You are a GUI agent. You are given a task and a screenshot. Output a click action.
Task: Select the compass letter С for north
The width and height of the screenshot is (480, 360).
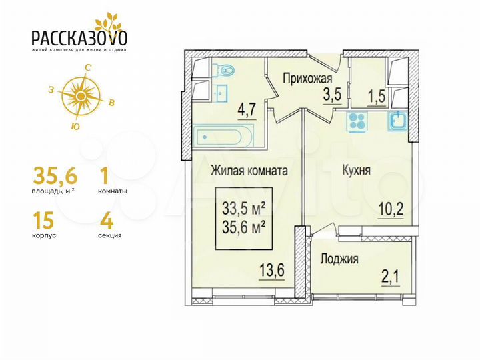click(x=87, y=67)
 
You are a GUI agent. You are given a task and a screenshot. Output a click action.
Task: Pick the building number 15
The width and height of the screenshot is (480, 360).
click(x=44, y=219)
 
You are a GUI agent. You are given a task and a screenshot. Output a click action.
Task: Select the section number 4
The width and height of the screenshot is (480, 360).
click(x=104, y=219)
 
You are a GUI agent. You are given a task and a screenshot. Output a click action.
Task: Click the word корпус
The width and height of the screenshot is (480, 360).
click(x=44, y=235)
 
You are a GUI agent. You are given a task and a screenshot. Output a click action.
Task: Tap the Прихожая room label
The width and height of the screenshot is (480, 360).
click(x=308, y=77)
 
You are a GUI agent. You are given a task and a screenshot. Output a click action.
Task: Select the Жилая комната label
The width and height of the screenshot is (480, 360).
click(x=249, y=171)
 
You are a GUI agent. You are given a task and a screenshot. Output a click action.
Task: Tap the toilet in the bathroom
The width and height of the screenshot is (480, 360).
click(x=224, y=69)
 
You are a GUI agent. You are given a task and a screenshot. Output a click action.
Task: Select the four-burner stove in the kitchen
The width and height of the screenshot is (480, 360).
click(x=357, y=121)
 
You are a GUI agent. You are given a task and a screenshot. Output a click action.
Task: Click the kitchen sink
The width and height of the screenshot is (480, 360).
click(x=399, y=121)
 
